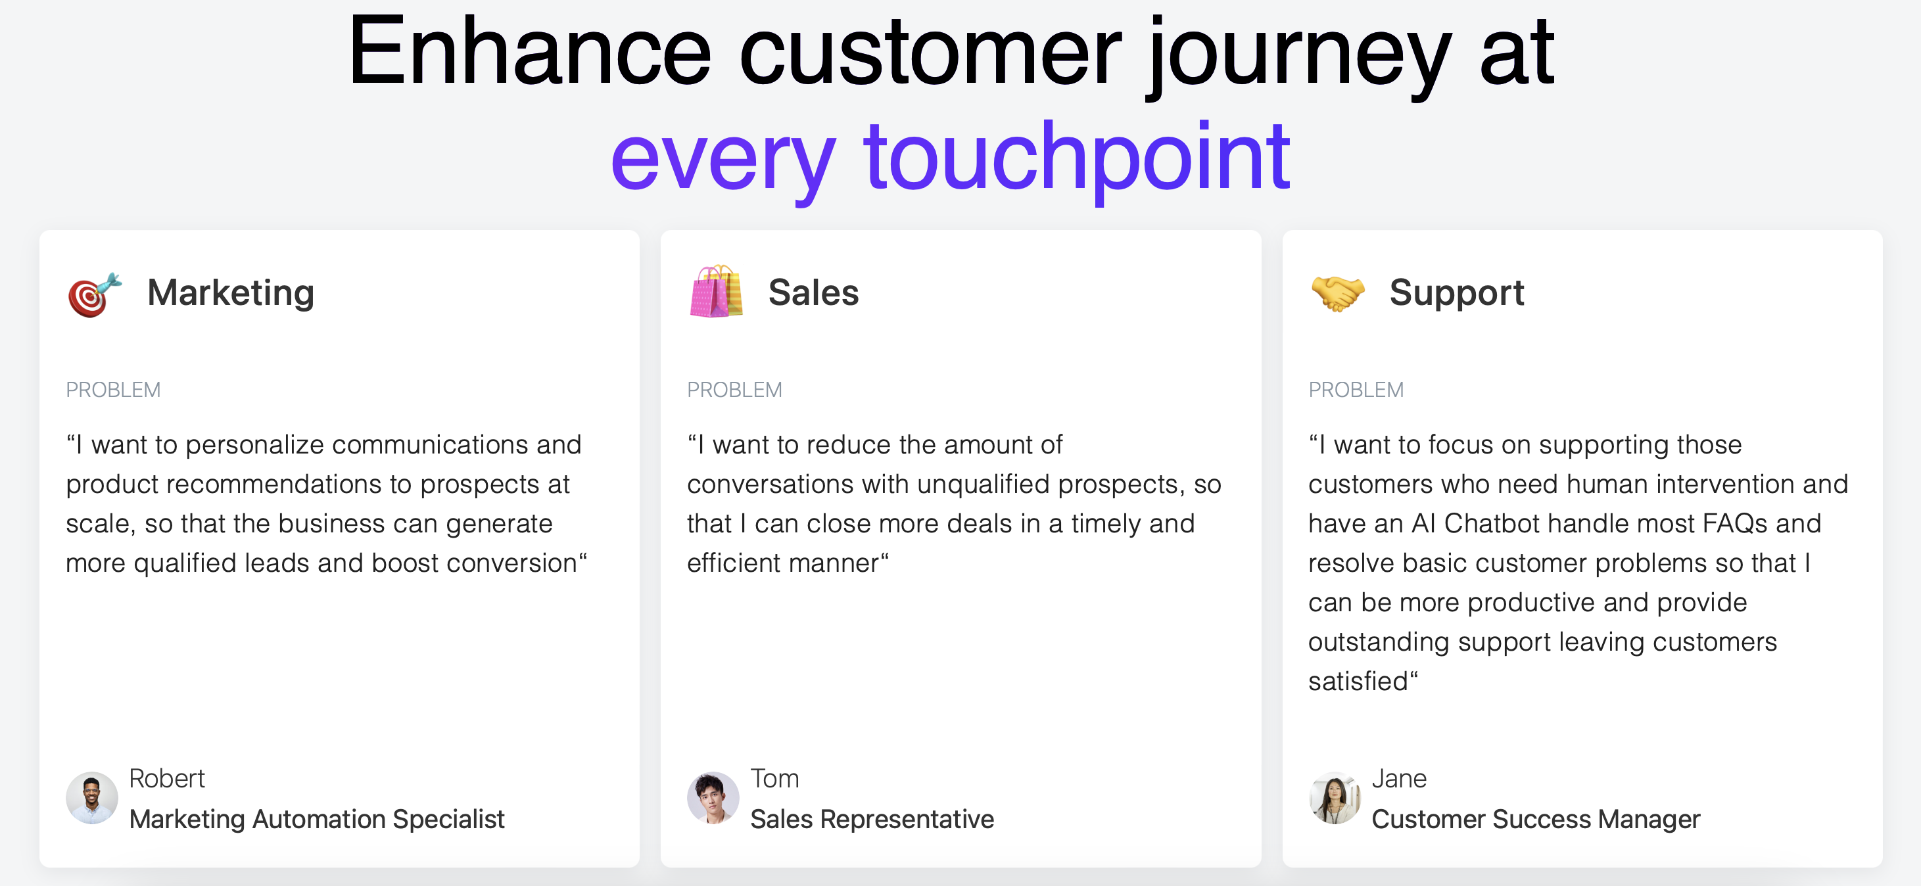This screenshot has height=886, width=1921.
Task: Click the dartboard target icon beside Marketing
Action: point(94,294)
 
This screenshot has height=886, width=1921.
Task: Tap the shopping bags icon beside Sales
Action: point(716,292)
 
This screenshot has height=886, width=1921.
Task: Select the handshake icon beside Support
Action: point(1338,293)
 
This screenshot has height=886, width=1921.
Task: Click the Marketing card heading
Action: point(231,293)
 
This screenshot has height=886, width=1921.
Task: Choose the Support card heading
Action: point(1456,293)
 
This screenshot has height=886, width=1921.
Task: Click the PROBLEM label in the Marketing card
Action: point(113,389)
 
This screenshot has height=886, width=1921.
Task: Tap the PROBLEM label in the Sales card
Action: point(734,389)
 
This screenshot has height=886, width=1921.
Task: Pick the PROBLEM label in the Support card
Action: point(1356,389)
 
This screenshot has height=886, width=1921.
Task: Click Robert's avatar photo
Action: point(92,798)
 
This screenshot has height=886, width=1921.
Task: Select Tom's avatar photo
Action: point(713,798)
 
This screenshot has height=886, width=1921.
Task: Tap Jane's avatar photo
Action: point(1335,798)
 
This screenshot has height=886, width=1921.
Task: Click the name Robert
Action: point(167,779)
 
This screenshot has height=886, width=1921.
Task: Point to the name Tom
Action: point(775,779)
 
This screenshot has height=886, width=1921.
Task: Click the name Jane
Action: point(1399,779)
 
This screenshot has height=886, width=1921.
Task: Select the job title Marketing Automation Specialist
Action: point(317,820)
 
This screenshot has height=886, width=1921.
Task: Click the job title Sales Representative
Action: point(872,820)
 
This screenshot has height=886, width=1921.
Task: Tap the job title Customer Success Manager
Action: point(1536,820)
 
